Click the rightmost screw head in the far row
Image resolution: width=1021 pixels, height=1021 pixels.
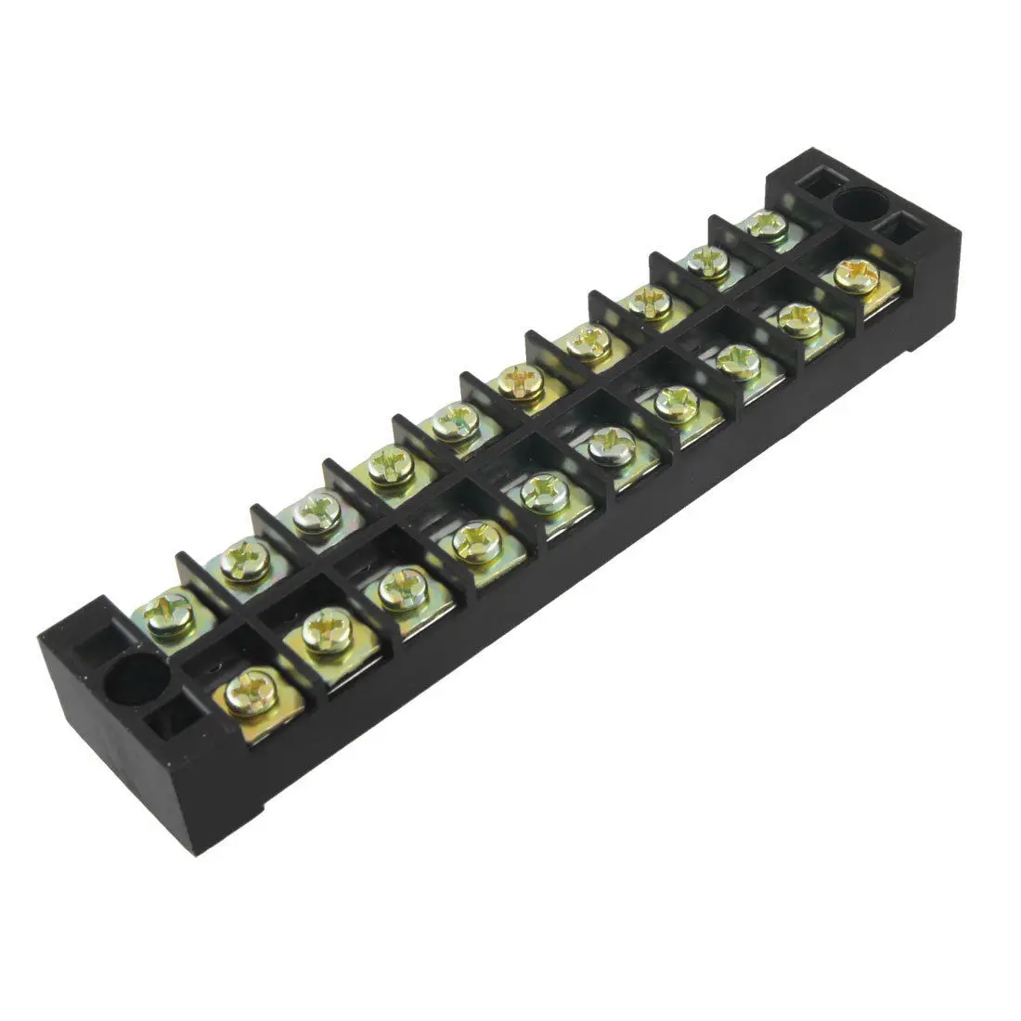coord(765,224)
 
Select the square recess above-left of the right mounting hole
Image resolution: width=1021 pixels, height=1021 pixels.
coord(816,185)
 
